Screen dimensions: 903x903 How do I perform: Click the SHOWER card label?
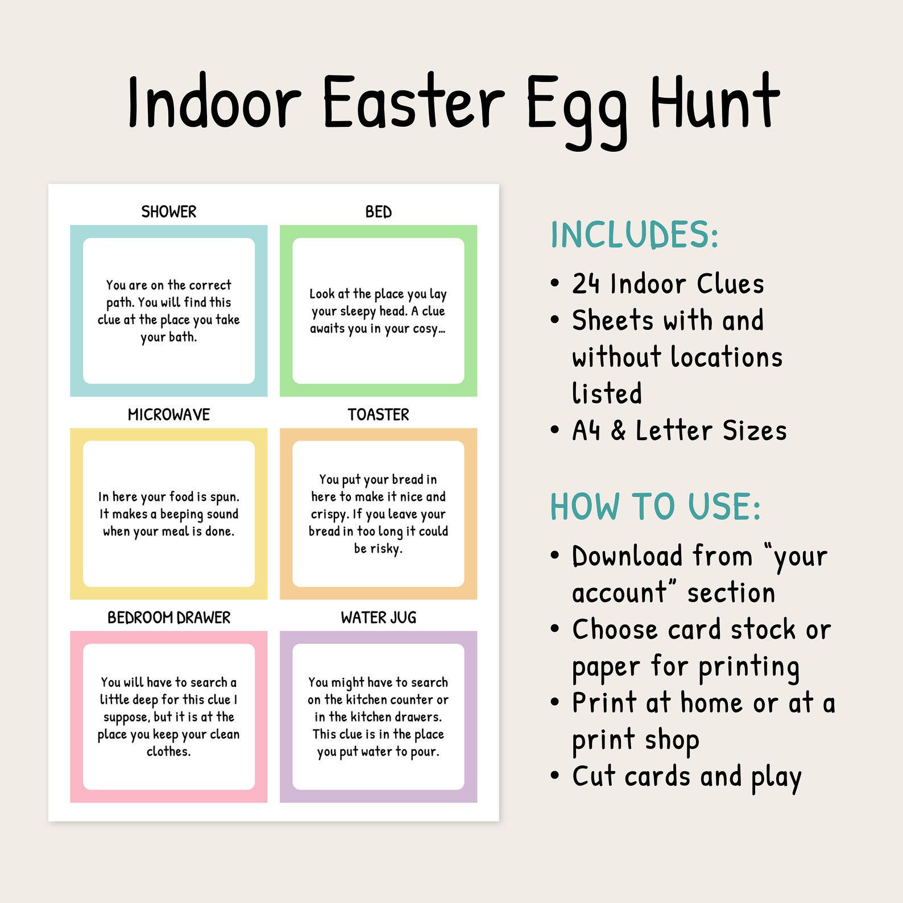169,212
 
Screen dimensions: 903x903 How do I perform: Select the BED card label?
378,212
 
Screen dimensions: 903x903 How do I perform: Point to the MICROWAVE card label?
169,415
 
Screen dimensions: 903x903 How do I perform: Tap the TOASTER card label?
378,415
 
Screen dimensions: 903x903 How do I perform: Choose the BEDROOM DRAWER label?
169,618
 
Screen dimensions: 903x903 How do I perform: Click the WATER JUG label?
378,618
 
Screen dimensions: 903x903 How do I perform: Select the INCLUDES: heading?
634,235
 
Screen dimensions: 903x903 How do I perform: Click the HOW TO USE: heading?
655,507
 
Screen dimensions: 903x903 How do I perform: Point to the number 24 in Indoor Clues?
586,284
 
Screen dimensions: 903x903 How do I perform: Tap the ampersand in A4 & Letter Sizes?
618,430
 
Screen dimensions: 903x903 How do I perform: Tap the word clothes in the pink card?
168,752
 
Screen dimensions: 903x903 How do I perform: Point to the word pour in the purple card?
424,752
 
